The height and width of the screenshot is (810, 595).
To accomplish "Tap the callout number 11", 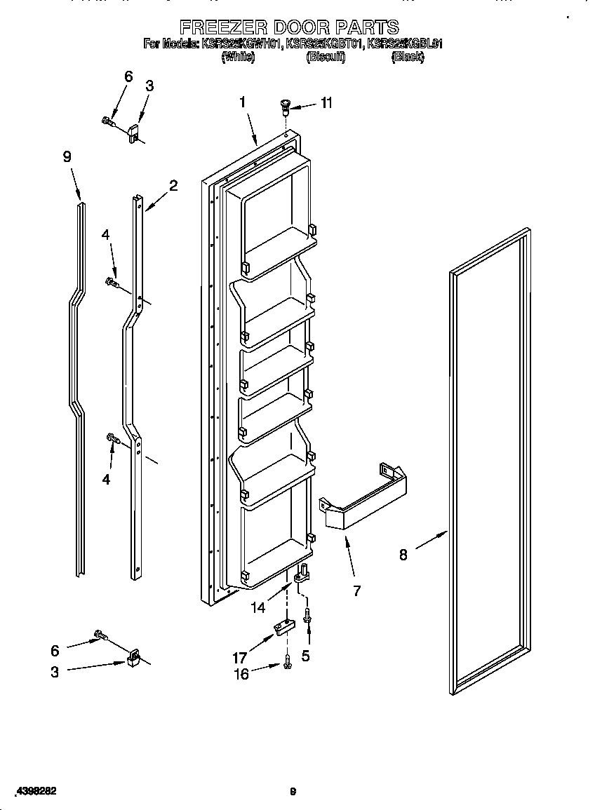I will tap(326, 103).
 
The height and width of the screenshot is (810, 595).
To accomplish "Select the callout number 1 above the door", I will tap(241, 102).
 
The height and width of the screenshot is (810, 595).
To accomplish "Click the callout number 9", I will tap(67, 157).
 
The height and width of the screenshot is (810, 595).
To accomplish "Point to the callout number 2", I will tap(173, 186).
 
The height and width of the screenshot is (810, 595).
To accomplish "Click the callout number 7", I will tap(356, 590).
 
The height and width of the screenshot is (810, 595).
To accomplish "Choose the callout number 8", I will tap(403, 555).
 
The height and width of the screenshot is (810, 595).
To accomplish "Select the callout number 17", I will tap(239, 658).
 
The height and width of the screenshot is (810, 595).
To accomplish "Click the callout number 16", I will tap(241, 674).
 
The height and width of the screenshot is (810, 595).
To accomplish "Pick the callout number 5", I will tap(305, 656).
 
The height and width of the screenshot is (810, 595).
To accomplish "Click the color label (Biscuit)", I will tap(325, 58).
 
